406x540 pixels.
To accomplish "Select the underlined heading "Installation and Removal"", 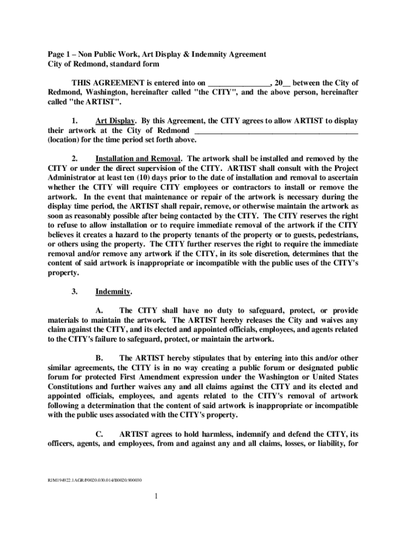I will click(138, 159).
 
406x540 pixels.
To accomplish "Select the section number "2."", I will click(75, 159).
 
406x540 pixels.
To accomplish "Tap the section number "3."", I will click(75, 292).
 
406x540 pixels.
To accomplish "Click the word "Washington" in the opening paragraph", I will click(100, 92).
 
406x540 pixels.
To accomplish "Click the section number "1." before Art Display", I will click(75, 121).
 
